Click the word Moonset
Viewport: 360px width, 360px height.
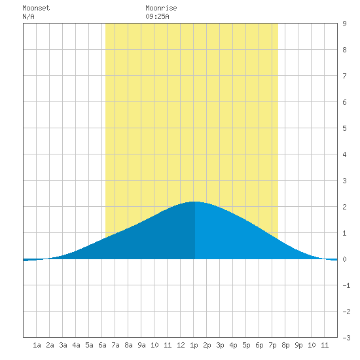click(x=36, y=8)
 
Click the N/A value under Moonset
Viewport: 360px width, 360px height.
click(x=28, y=16)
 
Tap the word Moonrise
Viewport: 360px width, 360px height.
click(x=161, y=8)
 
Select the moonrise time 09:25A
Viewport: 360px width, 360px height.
click(x=157, y=16)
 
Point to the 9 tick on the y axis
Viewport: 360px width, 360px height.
click(x=344, y=24)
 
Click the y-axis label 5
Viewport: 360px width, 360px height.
click(x=344, y=128)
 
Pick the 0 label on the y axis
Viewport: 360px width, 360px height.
click(x=344, y=259)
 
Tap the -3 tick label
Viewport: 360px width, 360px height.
click(x=346, y=338)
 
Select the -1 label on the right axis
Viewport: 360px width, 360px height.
click(x=346, y=285)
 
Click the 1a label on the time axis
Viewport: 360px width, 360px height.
click(x=37, y=345)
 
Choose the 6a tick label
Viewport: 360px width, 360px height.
click(x=102, y=345)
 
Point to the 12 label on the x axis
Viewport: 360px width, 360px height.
click(x=181, y=345)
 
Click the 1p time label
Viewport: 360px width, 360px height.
click(x=194, y=345)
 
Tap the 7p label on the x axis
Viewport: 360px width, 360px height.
click(x=272, y=345)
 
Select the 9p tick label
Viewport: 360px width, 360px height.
click(x=298, y=345)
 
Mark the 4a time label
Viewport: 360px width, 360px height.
click(x=76, y=345)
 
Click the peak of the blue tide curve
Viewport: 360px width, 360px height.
click(x=194, y=202)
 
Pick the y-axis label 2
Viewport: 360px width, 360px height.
click(x=344, y=207)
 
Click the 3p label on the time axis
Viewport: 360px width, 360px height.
click(x=220, y=345)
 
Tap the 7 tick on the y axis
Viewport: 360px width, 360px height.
click(x=344, y=76)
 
